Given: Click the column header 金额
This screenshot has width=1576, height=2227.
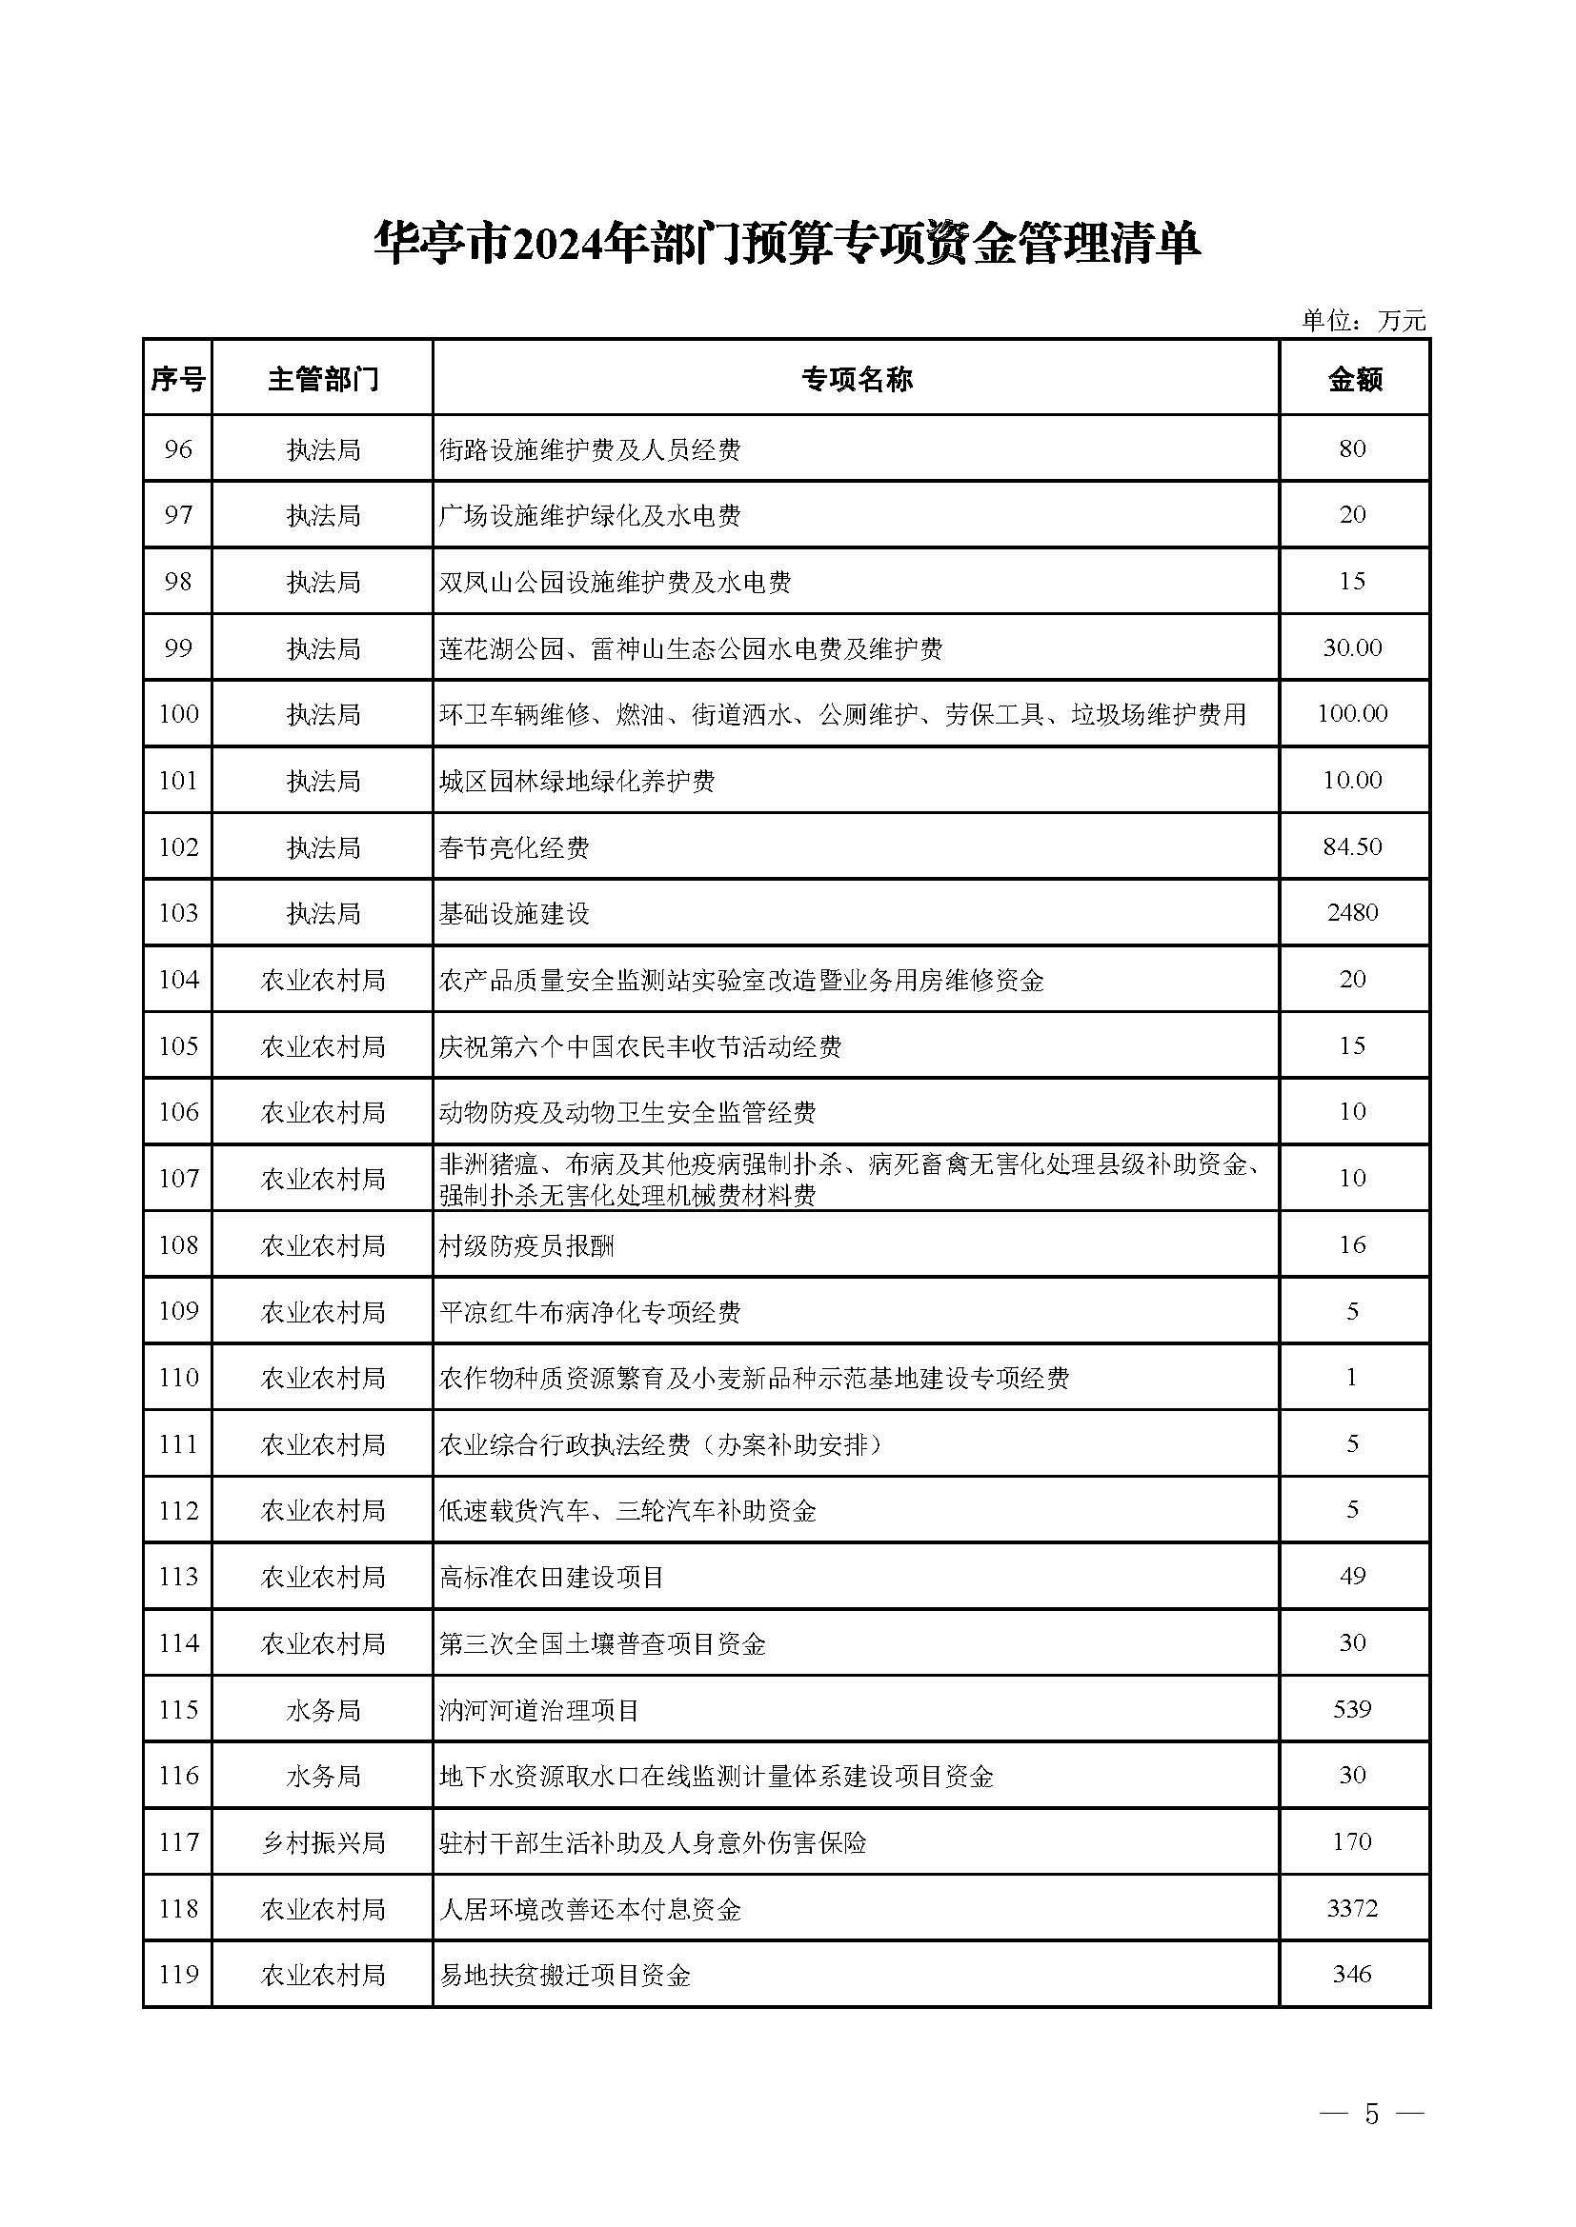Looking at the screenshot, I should click(x=1354, y=379).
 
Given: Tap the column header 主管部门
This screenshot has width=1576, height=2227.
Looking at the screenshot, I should click(x=322, y=379).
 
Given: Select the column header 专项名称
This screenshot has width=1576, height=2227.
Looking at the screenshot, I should click(x=856, y=379).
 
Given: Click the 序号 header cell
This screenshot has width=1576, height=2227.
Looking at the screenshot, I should click(x=177, y=379).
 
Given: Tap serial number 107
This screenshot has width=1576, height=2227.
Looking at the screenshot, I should click(x=177, y=1179).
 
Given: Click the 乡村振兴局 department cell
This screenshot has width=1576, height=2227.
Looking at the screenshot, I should click(x=322, y=1842).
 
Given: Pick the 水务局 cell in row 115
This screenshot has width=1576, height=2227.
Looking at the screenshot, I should click(x=322, y=1709).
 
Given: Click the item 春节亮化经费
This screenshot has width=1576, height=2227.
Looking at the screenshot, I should click(x=515, y=847).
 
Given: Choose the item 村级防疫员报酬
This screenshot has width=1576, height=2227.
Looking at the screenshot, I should click(x=526, y=1245).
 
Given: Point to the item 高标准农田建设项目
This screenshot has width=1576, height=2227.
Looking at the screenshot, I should click(x=551, y=1577).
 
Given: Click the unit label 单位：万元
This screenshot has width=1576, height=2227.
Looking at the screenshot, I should click(x=1364, y=321).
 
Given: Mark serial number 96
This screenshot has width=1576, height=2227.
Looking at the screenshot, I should click(x=177, y=449).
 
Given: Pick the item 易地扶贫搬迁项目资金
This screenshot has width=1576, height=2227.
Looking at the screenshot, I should click(x=565, y=1975).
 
